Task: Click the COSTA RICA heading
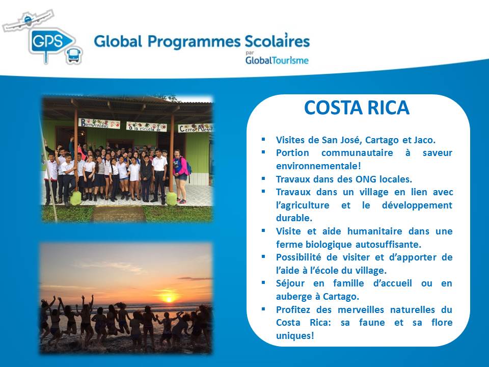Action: (357, 108)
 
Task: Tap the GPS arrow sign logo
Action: (51, 42)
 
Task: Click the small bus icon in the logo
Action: (74, 56)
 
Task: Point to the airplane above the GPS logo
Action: (29, 20)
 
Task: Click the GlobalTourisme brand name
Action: (277, 60)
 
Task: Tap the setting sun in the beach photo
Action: (169, 299)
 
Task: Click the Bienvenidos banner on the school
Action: (99, 123)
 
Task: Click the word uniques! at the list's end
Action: (295, 336)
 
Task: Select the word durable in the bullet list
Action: (294, 218)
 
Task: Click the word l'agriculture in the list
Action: (303, 205)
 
